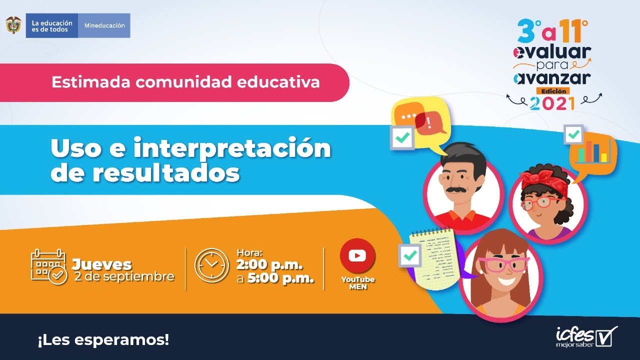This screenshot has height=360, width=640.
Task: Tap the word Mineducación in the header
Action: tap(104, 25)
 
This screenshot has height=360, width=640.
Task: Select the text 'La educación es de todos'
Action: tap(52, 25)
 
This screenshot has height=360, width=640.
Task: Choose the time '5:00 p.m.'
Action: tap(283, 278)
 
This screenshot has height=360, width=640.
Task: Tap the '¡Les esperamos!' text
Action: tap(103, 340)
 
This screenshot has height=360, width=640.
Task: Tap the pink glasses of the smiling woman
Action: tap(502, 265)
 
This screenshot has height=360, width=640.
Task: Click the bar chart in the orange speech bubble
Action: tap(592, 152)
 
